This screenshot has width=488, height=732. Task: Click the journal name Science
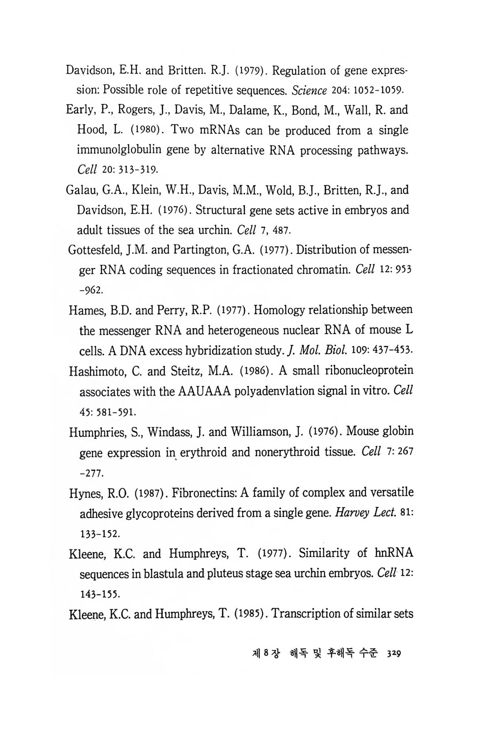pos(309,91)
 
